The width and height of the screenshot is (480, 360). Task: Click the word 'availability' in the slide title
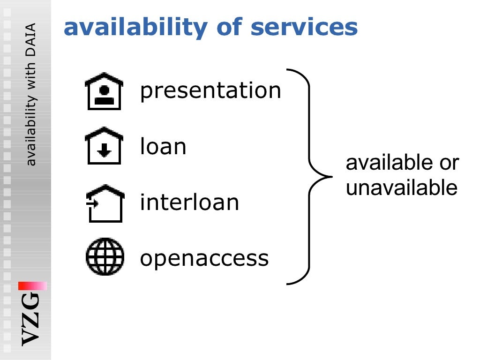(135, 28)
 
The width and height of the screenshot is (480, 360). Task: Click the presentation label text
(210, 90)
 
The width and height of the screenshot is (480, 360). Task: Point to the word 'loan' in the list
(163, 147)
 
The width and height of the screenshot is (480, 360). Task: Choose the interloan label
(189, 202)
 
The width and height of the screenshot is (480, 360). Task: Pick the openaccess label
(204, 258)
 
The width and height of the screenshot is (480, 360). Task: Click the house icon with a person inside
(104, 91)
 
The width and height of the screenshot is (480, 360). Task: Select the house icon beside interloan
(105, 203)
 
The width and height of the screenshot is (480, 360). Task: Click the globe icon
(105, 257)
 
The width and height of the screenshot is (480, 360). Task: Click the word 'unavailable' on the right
(401, 188)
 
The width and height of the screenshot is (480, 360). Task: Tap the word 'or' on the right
(449, 163)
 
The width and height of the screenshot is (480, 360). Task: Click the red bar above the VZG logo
(33, 285)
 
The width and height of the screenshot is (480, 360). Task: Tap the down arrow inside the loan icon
(105, 150)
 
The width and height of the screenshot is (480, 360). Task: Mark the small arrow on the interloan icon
(91, 203)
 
